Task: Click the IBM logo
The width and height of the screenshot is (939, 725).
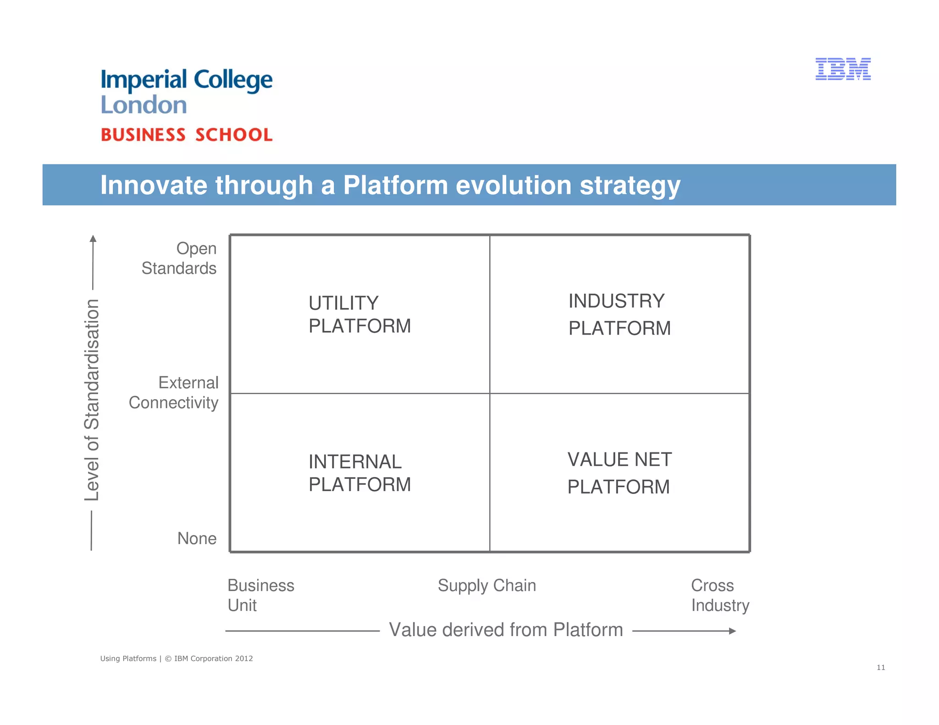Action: [x=843, y=69]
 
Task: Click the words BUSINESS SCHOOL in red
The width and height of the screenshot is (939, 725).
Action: [x=187, y=135]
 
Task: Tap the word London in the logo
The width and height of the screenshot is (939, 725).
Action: [x=144, y=105]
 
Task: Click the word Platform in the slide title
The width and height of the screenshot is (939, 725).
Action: [x=395, y=185]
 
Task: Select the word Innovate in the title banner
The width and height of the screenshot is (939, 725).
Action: [x=154, y=185]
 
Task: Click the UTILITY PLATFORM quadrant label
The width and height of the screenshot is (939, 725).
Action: [x=359, y=314]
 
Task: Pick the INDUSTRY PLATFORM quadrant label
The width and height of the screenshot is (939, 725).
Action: [x=619, y=314]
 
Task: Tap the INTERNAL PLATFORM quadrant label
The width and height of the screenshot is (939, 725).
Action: [x=359, y=473]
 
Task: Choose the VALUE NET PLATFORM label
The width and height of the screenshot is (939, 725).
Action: [x=619, y=473]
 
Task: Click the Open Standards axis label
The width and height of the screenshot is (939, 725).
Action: [x=179, y=258]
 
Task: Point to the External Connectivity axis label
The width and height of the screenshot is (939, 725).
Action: [x=174, y=392]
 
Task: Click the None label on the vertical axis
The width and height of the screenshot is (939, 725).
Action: [x=197, y=538]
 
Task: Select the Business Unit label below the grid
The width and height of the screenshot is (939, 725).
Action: [x=260, y=595]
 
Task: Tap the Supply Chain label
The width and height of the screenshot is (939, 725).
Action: [x=486, y=585]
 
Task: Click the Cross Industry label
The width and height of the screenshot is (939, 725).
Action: [x=719, y=595]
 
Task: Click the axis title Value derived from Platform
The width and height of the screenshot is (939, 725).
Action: [x=506, y=630]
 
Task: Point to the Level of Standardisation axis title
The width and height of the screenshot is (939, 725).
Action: [x=92, y=400]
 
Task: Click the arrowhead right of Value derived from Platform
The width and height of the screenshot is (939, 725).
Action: [x=732, y=631]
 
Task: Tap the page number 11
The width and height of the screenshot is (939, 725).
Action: [x=880, y=667]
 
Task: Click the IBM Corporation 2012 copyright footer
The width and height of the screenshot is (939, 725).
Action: [x=208, y=659]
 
